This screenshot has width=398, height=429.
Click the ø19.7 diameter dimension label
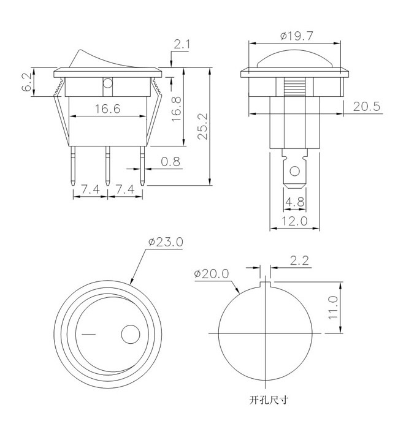297,36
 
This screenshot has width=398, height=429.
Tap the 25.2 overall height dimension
204,126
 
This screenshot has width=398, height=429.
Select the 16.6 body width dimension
107,109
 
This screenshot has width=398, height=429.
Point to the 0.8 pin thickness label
170,162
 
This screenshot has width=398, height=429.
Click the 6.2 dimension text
27,82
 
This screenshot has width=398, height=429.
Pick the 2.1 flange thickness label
182,44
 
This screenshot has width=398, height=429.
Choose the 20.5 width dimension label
367,107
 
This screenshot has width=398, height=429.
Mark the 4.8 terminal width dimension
295,202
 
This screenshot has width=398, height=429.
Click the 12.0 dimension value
294,221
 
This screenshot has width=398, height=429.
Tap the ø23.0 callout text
166,242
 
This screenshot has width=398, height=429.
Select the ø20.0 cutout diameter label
212,273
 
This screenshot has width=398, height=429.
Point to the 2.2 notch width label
299,260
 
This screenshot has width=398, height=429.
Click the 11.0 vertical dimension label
333,307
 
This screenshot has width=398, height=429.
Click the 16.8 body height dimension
177,109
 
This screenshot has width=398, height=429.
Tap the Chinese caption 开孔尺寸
269,400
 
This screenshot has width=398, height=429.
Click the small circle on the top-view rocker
131,335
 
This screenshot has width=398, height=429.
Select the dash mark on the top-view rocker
89,335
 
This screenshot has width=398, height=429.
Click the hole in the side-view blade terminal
295,171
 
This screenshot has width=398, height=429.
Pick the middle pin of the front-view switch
107,166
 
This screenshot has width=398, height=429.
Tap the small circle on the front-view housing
107,83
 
